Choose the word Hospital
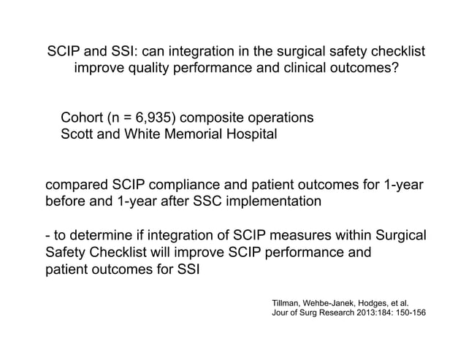click(250, 135)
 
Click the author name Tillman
click(287, 302)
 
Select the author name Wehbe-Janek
click(337, 302)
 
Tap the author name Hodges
click(388, 302)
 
